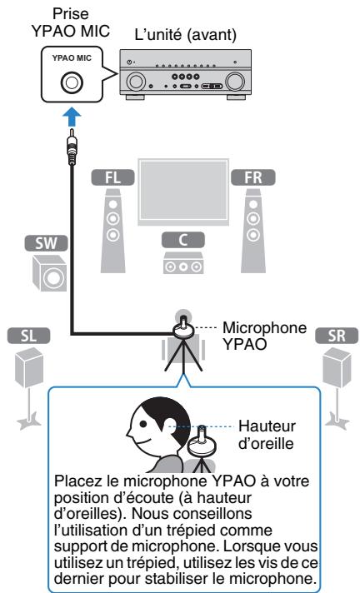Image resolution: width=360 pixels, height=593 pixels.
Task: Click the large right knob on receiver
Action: click(236, 83)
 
